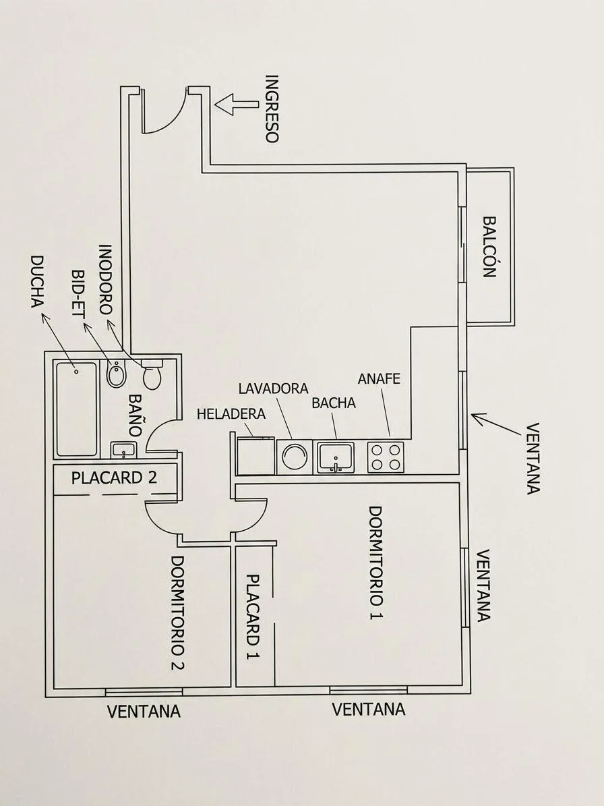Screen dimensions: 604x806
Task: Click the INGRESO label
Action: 271,109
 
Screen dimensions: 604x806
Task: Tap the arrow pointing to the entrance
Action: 236,103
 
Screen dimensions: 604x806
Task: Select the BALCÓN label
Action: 489,247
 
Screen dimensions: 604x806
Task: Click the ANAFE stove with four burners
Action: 386,457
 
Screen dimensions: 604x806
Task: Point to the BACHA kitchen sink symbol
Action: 336,457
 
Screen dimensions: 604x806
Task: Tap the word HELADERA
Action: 231,414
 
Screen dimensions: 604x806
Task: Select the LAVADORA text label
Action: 273,388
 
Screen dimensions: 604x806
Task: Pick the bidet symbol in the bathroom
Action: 115,374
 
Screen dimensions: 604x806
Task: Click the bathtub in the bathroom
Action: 77,409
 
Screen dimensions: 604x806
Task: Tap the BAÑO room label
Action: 135,415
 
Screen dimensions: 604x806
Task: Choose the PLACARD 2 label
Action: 114,478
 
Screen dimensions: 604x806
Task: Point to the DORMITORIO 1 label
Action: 376,563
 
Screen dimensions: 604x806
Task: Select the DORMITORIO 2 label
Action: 178,613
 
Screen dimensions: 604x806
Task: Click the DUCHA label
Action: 37,282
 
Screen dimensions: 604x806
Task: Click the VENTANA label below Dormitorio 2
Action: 144,712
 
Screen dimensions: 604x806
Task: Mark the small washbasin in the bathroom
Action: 123,451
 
